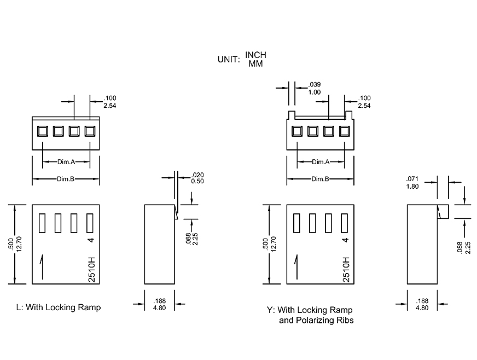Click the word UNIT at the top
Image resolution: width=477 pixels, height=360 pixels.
(229, 60)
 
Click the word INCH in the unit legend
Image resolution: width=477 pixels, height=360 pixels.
(255, 55)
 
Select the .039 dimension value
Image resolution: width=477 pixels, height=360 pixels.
(315, 84)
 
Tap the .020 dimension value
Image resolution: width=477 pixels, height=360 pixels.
(197, 175)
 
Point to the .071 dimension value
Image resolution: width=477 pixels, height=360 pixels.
(412, 179)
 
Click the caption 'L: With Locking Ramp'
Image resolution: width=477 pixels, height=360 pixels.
(59, 307)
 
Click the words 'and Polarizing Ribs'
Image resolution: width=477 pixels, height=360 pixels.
(316, 320)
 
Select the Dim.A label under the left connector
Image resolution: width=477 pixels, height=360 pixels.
(66, 162)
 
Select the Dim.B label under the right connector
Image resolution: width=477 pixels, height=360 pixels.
(320, 179)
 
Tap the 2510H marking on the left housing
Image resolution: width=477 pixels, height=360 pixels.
(92, 268)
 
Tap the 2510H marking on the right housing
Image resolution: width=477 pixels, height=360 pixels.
(346, 268)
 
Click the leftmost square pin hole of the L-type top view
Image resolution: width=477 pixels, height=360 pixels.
(42, 131)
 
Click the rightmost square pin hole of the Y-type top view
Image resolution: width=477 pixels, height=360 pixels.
(344, 131)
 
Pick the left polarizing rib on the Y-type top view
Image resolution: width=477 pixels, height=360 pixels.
(292, 115)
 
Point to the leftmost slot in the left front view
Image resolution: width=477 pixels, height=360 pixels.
(42, 223)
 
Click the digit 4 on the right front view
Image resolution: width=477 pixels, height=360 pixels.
(345, 240)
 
